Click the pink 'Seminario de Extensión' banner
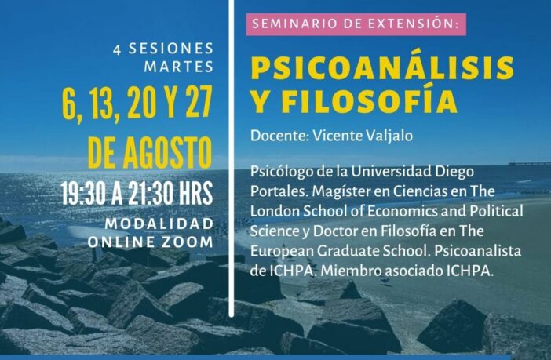click(x=356, y=24)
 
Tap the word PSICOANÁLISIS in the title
click(x=383, y=67)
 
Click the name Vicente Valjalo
click(x=363, y=136)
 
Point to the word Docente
click(x=279, y=136)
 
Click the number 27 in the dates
click(x=199, y=102)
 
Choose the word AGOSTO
click(x=167, y=153)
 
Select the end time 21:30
click(x=150, y=193)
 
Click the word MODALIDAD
click(x=159, y=224)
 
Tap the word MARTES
click(x=178, y=67)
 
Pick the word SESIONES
click(x=171, y=49)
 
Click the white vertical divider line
click(x=231, y=158)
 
